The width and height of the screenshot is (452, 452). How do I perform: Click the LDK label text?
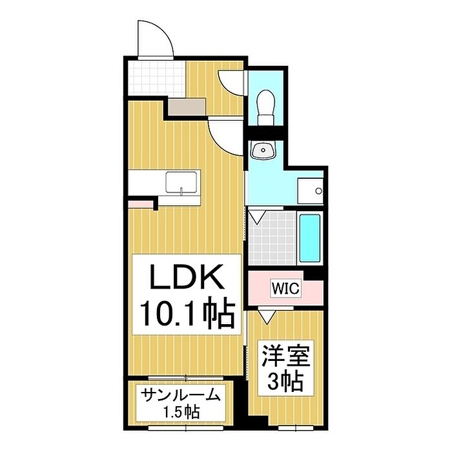(x=187, y=279)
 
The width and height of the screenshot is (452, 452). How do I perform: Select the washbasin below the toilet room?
(x=264, y=151)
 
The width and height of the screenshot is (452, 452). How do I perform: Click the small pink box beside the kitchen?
(x=141, y=205)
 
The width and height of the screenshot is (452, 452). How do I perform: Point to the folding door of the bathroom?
(x=257, y=216)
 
